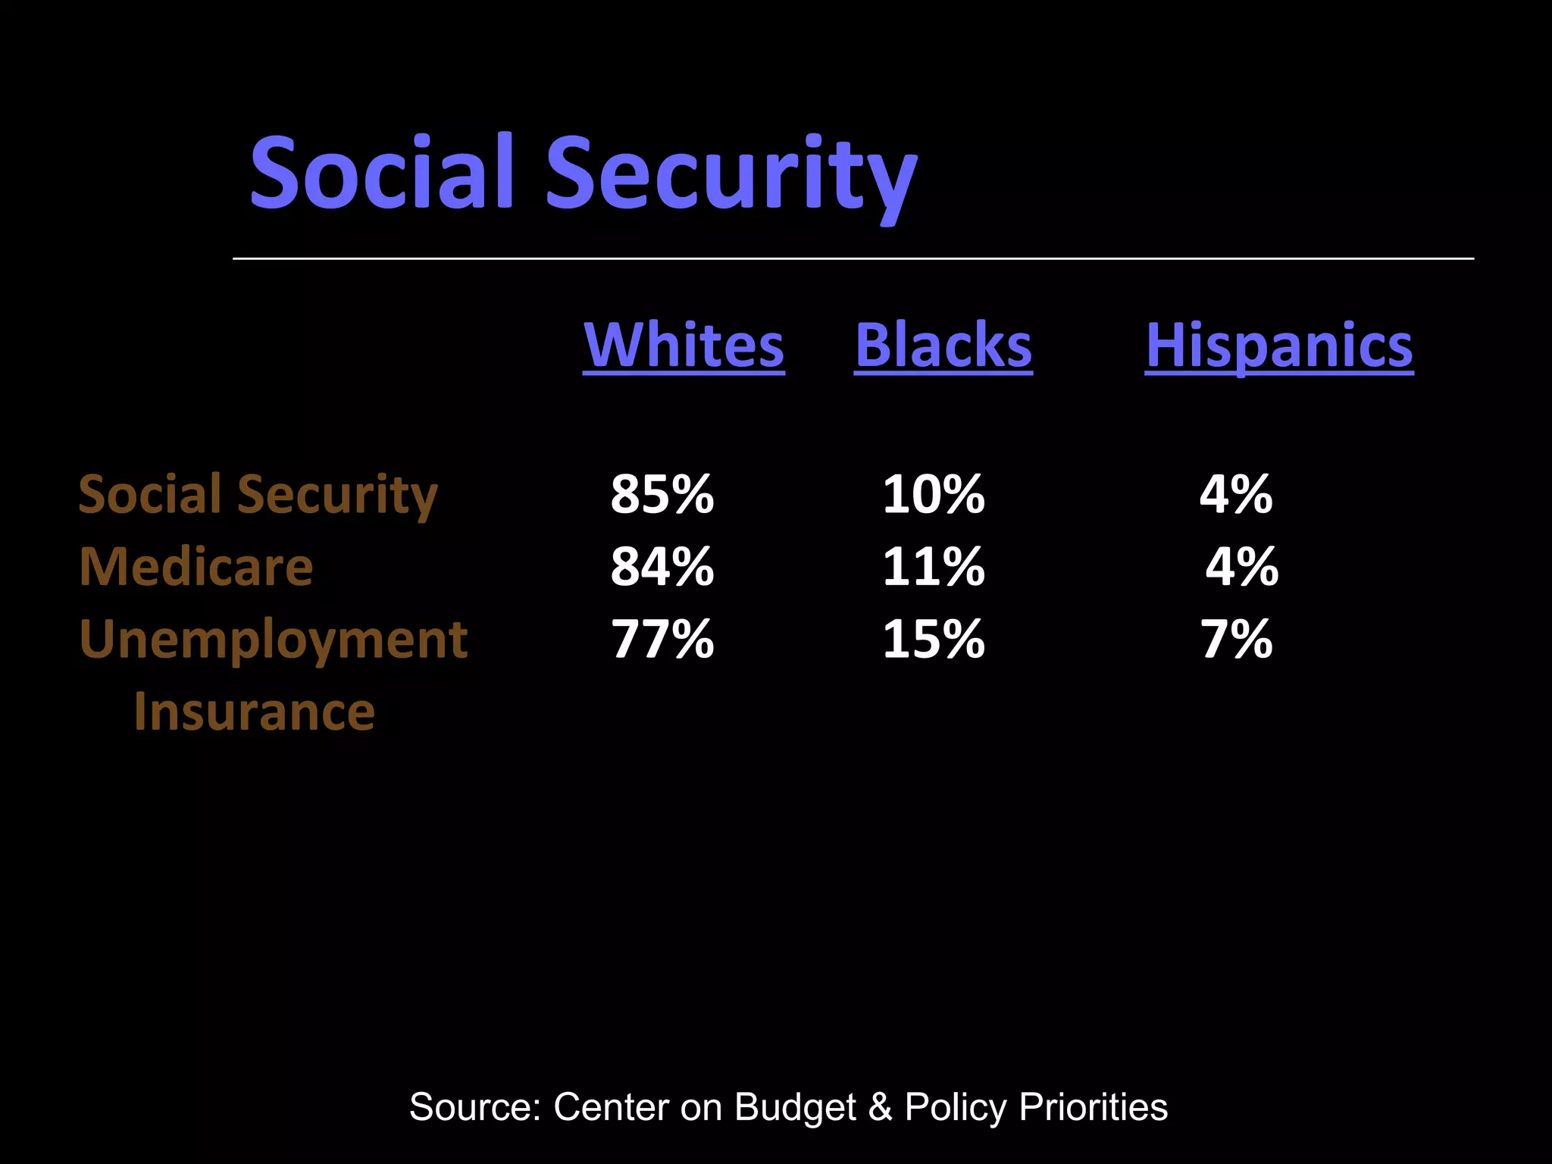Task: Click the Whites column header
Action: [x=684, y=345]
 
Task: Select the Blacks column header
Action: [x=943, y=345]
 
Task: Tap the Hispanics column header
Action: [x=1279, y=345]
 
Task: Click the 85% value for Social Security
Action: [x=662, y=494]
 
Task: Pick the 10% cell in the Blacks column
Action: [x=933, y=494]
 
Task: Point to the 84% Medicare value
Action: [x=662, y=566]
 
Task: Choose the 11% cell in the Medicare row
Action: [x=933, y=566]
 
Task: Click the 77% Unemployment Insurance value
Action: [x=662, y=639]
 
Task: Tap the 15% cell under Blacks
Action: [x=933, y=639]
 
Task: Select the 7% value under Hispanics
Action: [x=1236, y=639]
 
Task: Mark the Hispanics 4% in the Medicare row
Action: [x=1241, y=566]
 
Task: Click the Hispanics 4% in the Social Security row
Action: [x=1236, y=494]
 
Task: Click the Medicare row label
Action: [x=196, y=566]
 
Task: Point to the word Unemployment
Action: [x=273, y=639]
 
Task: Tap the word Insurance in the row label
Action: [x=254, y=712]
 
